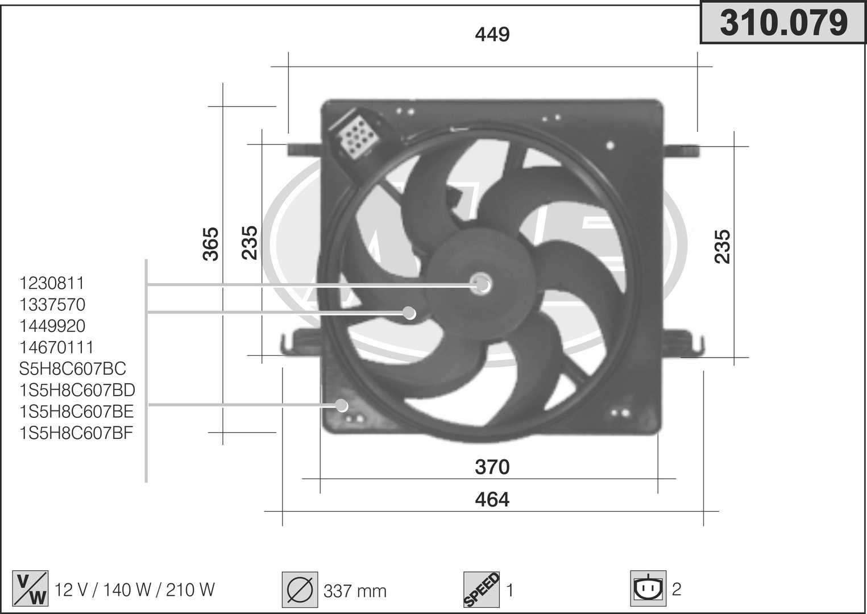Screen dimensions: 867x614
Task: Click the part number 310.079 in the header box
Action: (x=784, y=23)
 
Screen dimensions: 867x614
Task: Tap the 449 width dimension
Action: (x=492, y=35)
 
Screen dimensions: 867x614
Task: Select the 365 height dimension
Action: (x=211, y=244)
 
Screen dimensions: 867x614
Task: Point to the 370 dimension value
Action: (x=492, y=467)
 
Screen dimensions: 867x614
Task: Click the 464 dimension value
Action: (x=492, y=500)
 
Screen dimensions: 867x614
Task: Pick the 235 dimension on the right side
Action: (x=722, y=247)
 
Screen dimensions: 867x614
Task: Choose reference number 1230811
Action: (x=52, y=283)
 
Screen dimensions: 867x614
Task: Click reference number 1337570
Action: (x=52, y=305)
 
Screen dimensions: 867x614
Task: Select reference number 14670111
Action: (x=56, y=347)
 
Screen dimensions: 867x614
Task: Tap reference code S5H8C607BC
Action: (x=73, y=368)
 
